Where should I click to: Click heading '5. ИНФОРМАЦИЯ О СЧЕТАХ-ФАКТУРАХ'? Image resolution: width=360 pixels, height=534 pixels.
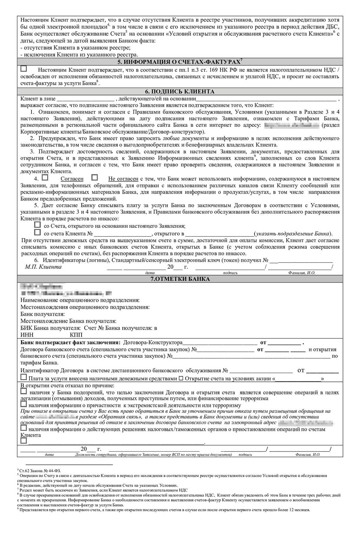179,62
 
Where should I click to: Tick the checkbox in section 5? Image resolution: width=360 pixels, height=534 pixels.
24,69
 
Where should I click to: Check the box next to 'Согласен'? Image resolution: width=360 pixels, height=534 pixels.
45,178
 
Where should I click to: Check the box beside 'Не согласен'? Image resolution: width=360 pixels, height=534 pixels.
94,178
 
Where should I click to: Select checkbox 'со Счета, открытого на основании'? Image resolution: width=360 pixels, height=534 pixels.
37,225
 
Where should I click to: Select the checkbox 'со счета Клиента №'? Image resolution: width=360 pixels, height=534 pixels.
37,232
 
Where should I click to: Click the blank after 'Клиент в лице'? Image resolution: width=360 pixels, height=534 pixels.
85,99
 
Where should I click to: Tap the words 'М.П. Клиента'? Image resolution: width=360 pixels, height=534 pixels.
43,267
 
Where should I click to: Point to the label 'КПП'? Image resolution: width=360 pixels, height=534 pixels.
76,335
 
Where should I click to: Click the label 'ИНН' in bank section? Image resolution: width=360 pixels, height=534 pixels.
27,335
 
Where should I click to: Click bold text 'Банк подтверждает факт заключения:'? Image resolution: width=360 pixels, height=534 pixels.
70,343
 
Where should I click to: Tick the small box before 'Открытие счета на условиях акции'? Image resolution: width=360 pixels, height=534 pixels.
181,379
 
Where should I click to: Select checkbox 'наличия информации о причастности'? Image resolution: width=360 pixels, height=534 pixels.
23,404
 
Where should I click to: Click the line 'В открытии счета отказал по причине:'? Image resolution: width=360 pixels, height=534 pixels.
67,385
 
